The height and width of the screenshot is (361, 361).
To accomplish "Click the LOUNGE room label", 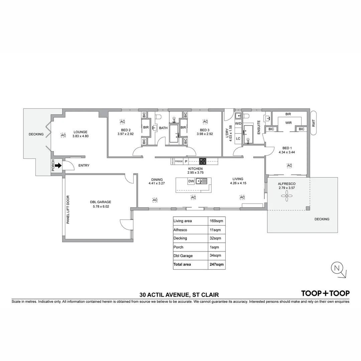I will (80, 132).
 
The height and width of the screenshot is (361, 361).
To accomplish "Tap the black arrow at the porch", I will (58, 165).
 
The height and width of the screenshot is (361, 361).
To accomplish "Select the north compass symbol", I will (337, 268).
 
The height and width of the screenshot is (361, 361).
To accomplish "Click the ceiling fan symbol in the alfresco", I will (286, 197).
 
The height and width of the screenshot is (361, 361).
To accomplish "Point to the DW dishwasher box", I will (191, 182).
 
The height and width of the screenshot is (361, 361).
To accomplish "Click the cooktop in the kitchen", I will (203, 161).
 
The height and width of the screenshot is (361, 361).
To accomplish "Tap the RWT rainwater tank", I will (313, 123).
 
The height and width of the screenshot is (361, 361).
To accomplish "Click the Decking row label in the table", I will (180, 238).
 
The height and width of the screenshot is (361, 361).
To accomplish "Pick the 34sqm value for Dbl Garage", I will (214, 256).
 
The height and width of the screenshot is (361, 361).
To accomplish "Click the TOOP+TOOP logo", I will (325, 293).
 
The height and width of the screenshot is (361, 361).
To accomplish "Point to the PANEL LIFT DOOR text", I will (68, 209).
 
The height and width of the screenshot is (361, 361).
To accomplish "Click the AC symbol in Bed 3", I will (205, 121).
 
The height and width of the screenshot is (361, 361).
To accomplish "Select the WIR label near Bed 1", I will (288, 123).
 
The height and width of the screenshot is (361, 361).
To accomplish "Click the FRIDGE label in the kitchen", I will (179, 161).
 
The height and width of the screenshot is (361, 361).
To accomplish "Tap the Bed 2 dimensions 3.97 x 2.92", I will (125, 134).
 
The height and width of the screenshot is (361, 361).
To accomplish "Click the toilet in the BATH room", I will (158, 117).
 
